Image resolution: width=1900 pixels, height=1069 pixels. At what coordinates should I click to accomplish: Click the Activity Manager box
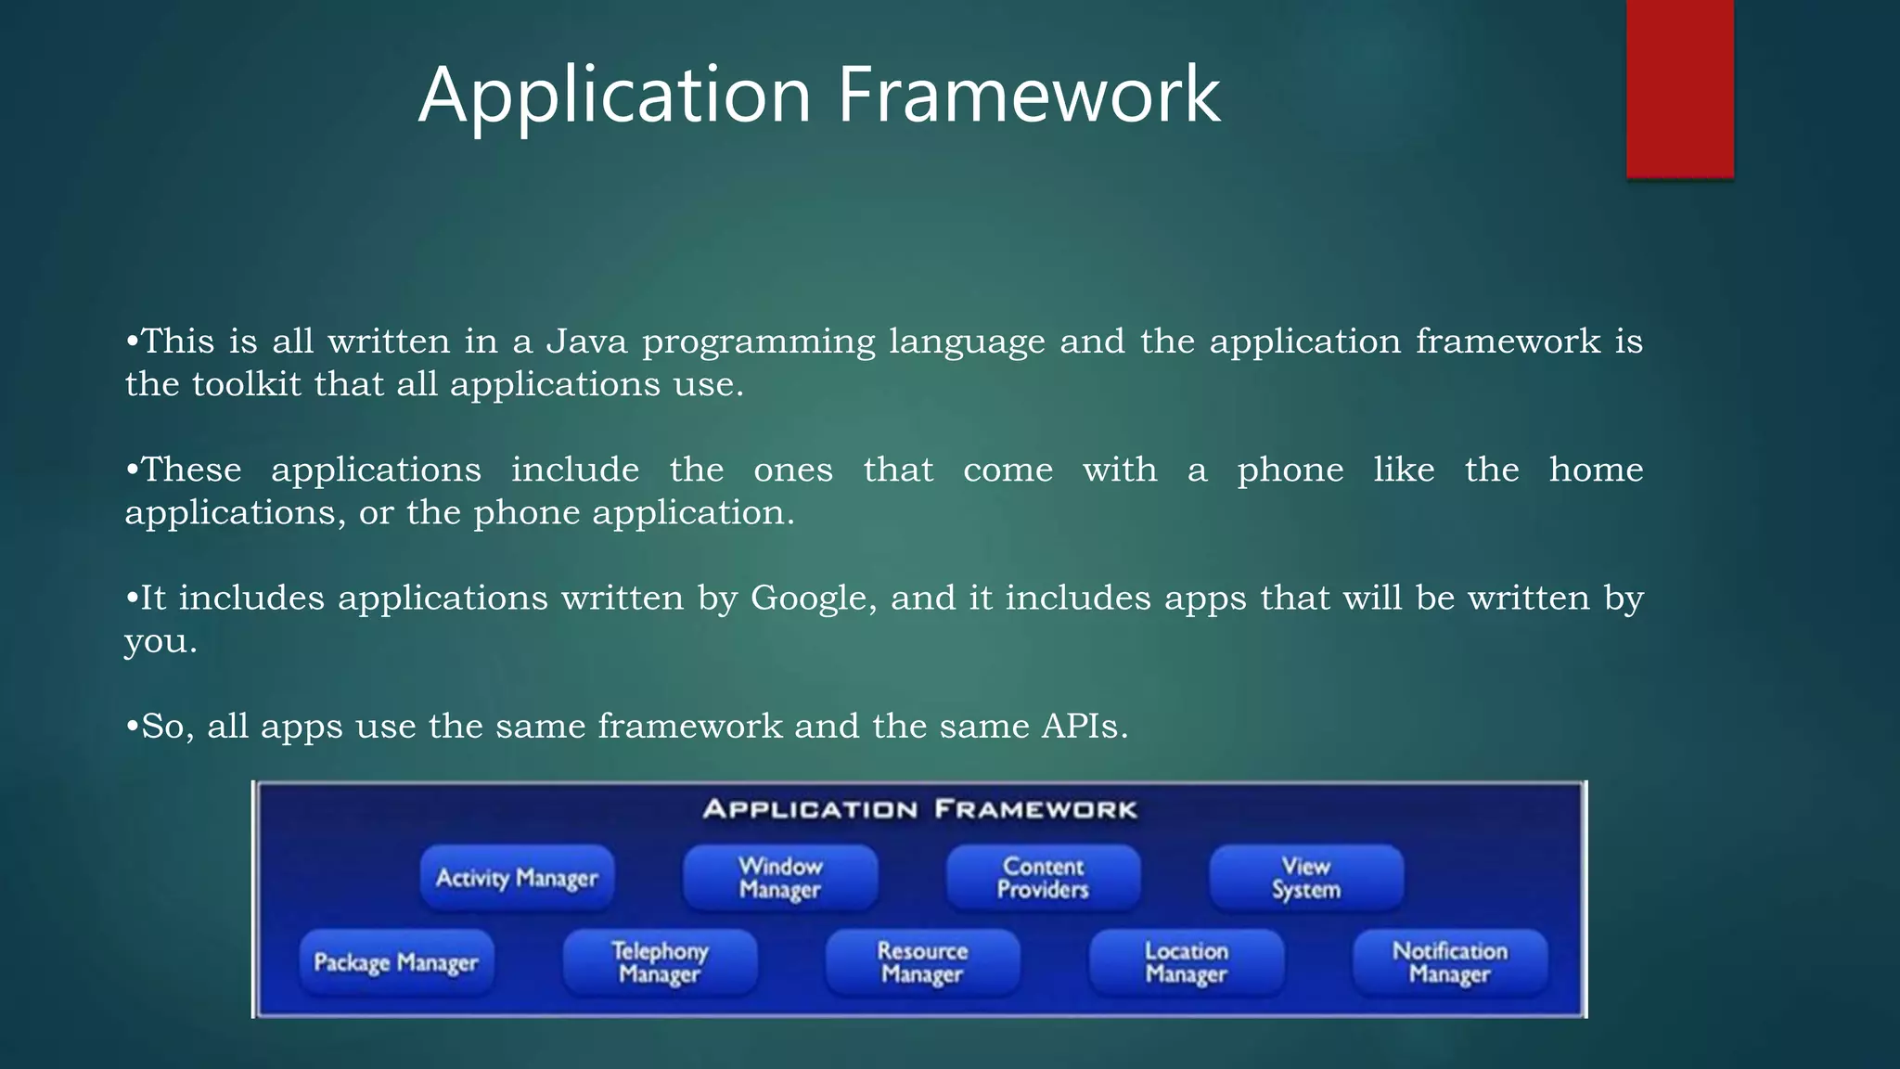click(517, 877)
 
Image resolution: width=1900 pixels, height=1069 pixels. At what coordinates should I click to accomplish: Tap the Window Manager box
click(780, 877)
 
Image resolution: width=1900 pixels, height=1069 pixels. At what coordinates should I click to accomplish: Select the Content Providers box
click(1043, 877)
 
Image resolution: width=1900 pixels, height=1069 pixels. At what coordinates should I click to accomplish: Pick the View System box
click(1306, 877)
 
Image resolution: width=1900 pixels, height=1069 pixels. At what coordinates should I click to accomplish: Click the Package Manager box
click(396, 962)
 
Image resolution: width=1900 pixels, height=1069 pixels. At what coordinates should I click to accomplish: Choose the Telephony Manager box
click(660, 962)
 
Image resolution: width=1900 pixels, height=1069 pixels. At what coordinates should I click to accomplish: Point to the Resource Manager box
click(922, 962)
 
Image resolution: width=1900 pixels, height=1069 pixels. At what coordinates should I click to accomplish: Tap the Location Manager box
click(1187, 962)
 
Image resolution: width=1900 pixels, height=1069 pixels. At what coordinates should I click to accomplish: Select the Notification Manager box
click(1449, 962)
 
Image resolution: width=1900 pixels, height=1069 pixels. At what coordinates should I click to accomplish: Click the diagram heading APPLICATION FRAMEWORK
click(919, 809)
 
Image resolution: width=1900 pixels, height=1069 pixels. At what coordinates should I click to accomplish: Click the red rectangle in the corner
click(1679, 88)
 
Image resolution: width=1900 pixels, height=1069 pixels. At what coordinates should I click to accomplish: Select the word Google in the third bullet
click(812, 599)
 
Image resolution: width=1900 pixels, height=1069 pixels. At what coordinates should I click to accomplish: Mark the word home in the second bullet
click(1596, 470)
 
